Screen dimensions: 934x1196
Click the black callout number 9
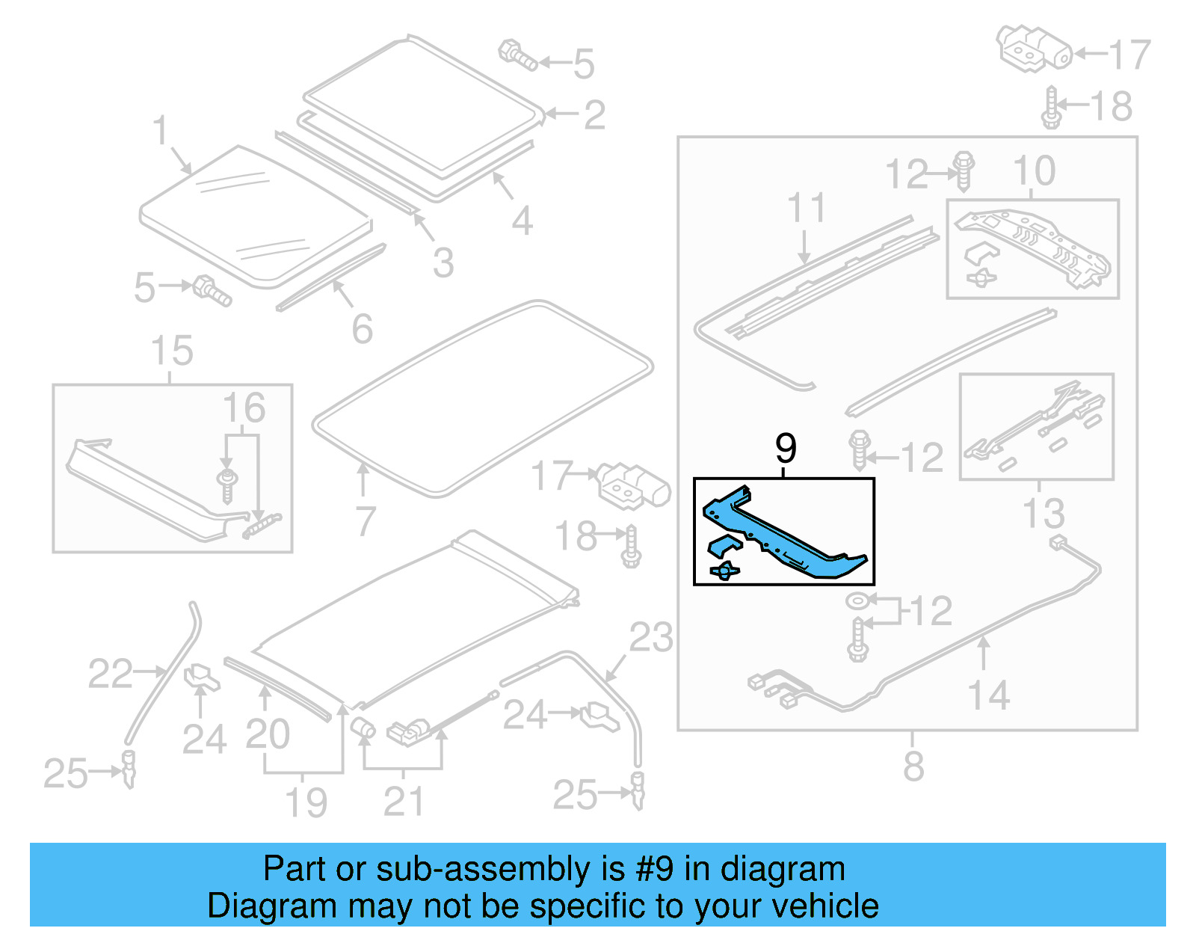point(786,449)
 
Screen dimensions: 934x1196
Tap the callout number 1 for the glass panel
point(160,130)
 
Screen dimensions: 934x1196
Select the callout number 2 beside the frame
point(594,115)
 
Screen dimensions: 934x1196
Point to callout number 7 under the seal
point(365,520)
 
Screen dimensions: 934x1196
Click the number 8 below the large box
point(913,766)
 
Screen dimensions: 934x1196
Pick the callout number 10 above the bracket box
point(1034,171)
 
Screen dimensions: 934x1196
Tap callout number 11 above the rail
point(807,207)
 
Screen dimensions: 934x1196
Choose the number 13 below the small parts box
point(1043,514)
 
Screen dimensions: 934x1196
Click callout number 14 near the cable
point(989,695)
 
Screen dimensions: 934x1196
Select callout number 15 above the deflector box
point(172,351)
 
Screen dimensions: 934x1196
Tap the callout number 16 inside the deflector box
point(244,408)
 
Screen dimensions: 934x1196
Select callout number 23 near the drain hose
point(650,638)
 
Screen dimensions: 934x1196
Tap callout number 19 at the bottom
point(306,802)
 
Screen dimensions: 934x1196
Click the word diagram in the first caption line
point(783,869)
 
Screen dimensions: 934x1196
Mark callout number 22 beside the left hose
point(110,674)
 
